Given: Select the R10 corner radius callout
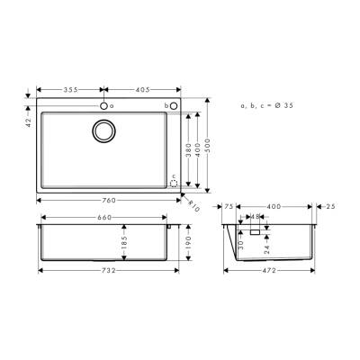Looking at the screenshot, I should tap(193, 202).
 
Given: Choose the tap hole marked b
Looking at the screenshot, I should tap(175, 106).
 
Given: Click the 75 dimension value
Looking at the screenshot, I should tap(229, 207).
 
